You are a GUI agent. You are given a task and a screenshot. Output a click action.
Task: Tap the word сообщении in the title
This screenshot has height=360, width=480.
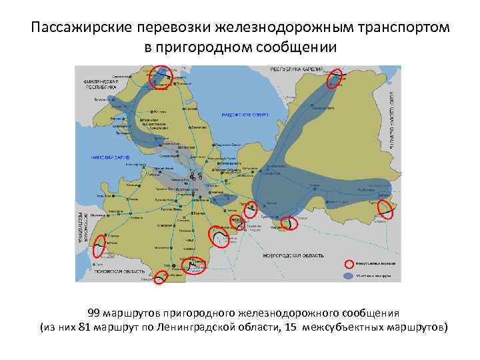(290, 48)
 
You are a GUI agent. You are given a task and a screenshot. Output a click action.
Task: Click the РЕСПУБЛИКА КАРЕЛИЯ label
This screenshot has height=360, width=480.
(297, 69)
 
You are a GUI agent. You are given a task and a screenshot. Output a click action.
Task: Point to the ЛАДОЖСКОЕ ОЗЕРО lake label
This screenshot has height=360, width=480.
(244, 115)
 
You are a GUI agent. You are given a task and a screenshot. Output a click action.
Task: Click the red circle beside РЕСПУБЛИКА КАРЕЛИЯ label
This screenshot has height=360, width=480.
(335, 78)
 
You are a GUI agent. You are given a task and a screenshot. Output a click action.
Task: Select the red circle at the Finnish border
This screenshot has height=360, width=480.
(161, 77)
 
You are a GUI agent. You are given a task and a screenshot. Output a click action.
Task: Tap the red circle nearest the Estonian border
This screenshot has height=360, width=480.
(101, 245)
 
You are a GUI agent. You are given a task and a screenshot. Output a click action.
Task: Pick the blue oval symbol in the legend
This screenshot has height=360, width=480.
(349, 275)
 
